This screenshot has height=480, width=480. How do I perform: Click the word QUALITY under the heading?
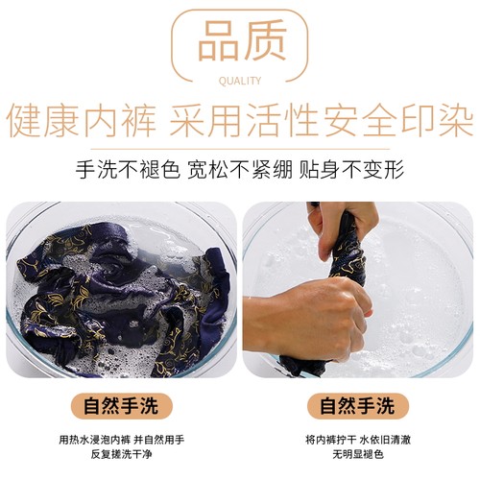tap(240, 81)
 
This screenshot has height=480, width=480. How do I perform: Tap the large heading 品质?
tap(242, 40)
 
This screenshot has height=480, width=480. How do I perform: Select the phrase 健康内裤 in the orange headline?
tap(82, 120)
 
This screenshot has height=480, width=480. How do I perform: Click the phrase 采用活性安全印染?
tap(322, 120)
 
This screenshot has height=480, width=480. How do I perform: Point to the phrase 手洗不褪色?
tap(128, 169)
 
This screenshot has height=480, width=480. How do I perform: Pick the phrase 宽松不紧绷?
tap(240, 169)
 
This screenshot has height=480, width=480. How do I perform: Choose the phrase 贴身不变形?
tap(351, 169)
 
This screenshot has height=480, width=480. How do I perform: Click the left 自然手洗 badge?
tap(122, 406)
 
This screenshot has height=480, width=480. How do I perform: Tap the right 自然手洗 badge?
tap(358, 406)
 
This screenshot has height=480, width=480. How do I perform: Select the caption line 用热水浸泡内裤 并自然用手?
tap(122, 440)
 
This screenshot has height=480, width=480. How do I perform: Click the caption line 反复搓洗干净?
tap(122, 454)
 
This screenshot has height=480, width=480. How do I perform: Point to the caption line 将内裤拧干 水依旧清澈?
tap(358, 440)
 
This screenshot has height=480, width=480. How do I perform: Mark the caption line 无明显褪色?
tap(358, 454)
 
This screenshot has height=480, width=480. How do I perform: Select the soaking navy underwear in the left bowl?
tap(122, 295)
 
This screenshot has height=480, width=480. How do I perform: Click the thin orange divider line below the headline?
tap(240, 149)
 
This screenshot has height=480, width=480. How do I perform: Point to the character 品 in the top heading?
tap(219, 40)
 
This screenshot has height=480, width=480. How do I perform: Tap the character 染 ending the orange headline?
tap(458, 120)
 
